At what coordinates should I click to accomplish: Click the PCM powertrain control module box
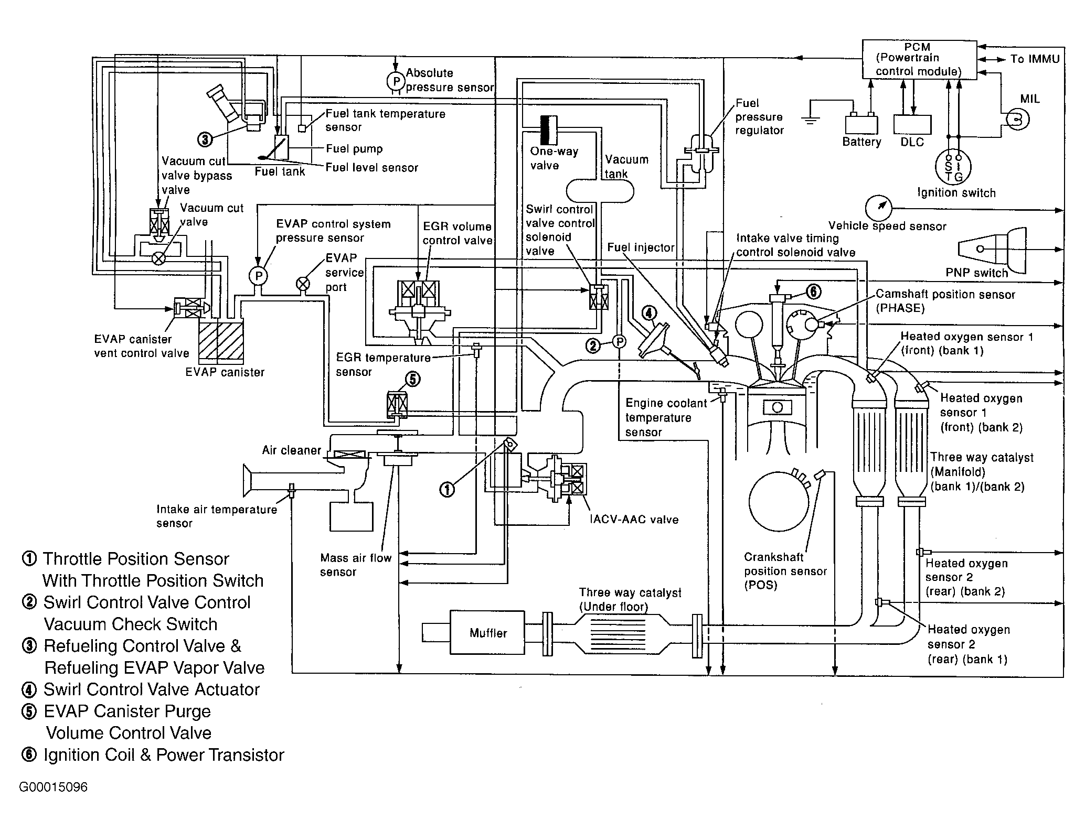(x=920, y=60)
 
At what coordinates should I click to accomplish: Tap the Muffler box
(x=487, y=632)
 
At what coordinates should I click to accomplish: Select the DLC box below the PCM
(x=912, y=124)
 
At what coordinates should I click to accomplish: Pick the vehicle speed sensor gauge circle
(x=878, y=208)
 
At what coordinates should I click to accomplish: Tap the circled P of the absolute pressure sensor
(x=396, y=81)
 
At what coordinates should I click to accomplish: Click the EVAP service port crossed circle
(x=303, y=284)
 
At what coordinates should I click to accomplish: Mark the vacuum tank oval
(x=600, y=190)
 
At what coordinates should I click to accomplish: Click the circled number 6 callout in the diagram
(x=813, y=291)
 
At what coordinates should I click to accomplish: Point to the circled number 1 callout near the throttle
(x=447, y=490)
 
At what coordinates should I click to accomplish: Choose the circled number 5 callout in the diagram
(x=413, y=379)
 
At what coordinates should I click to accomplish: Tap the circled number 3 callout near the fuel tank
(x=205, y=139)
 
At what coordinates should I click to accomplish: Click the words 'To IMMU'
(x=1035, y=59)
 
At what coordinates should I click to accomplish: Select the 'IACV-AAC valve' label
(x=634, y=520)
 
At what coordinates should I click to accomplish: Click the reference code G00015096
(x=54, y=787)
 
